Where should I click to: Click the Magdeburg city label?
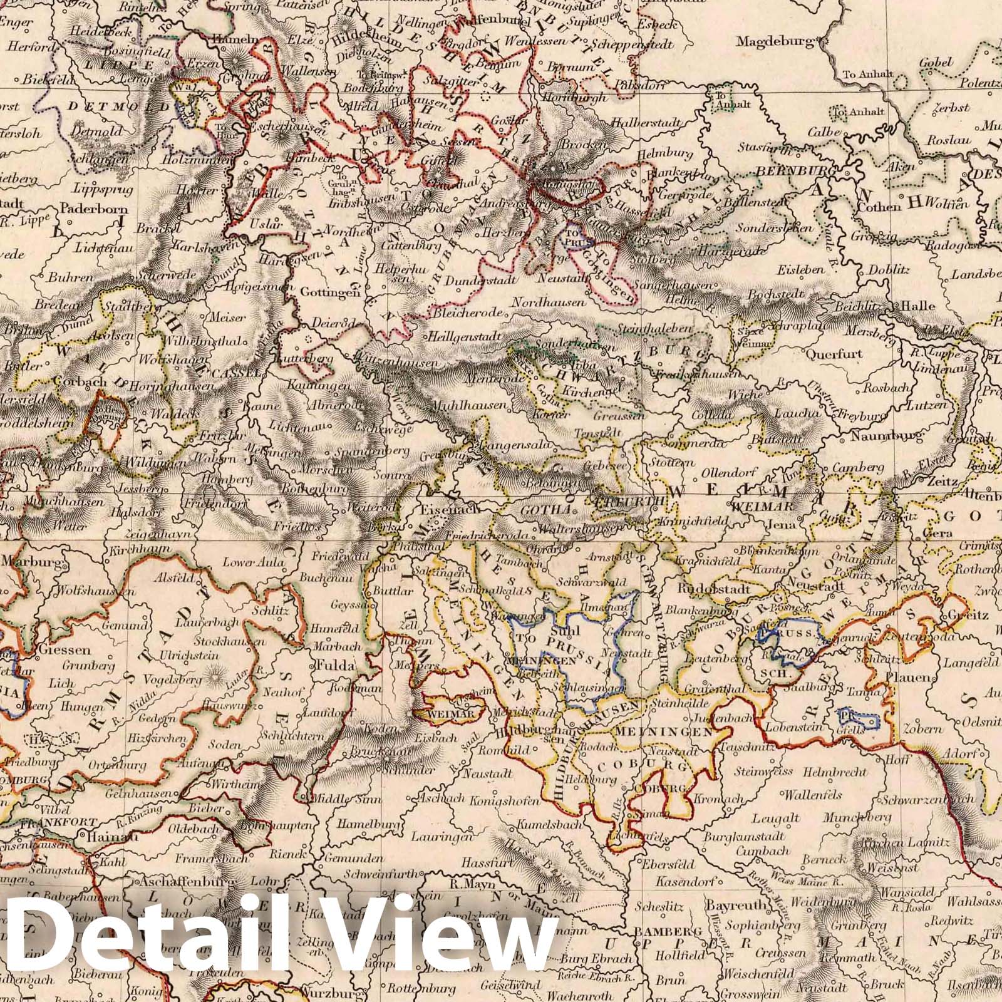point(777,43)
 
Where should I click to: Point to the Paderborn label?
point(95,210)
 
